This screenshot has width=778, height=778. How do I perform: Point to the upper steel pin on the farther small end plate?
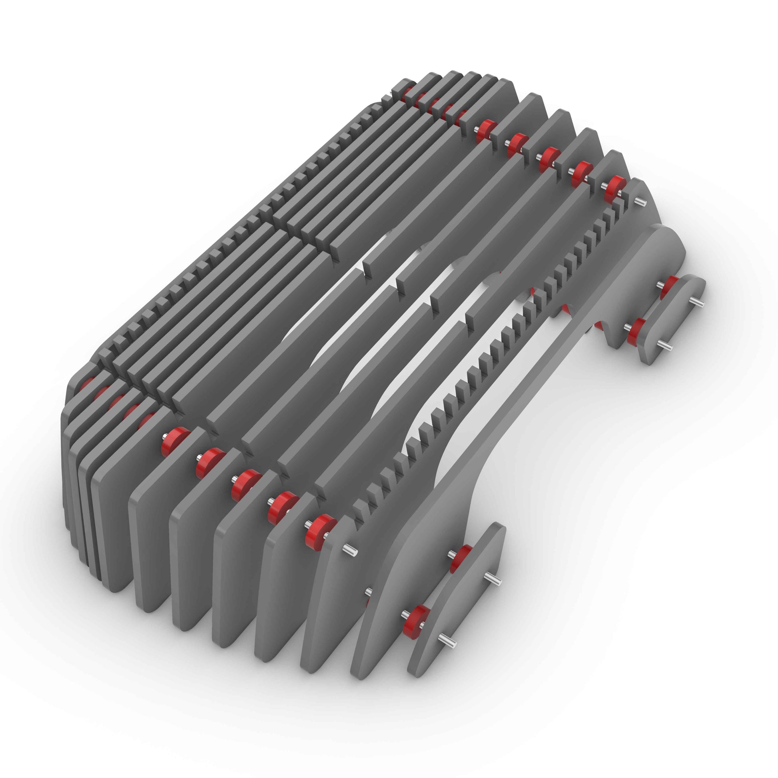click(697, 302)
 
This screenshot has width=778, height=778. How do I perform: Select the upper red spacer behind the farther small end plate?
click(669, 287)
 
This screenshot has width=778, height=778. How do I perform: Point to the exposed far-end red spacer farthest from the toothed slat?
click(485, 130)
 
